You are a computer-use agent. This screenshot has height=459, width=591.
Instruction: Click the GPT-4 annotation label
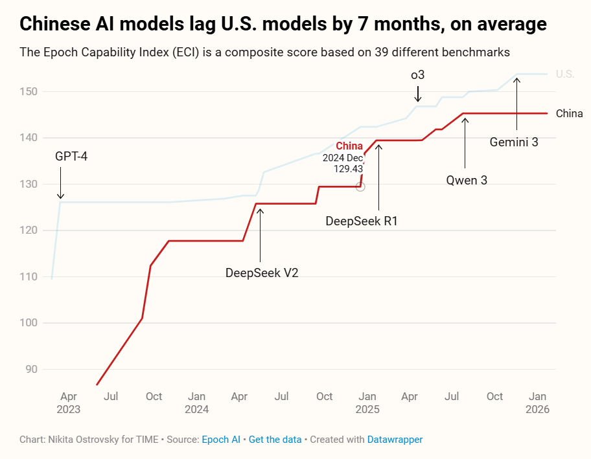click(x=71, y=157)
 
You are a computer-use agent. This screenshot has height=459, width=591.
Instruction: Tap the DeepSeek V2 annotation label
click(x=262, y=273)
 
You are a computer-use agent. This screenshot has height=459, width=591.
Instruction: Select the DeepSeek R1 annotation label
click(x=362, y=221)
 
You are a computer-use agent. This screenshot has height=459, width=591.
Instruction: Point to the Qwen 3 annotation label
click(x=467, y=180)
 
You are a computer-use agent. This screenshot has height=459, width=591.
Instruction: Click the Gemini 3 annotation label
click(x=514, y=142)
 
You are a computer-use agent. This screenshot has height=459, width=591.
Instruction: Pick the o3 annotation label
click(x=418, y=75)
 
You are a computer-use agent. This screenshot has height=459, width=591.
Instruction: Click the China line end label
click(x=570, y=113)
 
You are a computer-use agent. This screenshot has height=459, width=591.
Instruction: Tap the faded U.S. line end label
click(x=565, y=74)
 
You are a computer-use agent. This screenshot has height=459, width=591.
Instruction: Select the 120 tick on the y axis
click(x=30, y=230)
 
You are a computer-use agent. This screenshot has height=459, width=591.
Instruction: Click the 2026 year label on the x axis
click(x=537, y=409)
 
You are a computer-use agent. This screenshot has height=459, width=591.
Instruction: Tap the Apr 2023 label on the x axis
click(x=68, y=403)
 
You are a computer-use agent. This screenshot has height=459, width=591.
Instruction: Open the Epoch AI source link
click(x=221, y=440)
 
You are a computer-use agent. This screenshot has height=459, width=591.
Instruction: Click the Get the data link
click(x=275, y=440)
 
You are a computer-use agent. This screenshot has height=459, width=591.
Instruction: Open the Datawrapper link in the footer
click(x=395, y=440)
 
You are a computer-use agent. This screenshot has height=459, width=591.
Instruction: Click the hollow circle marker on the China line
click(x=360, y=186)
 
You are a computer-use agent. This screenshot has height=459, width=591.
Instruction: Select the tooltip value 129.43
click(x=348, y=168)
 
